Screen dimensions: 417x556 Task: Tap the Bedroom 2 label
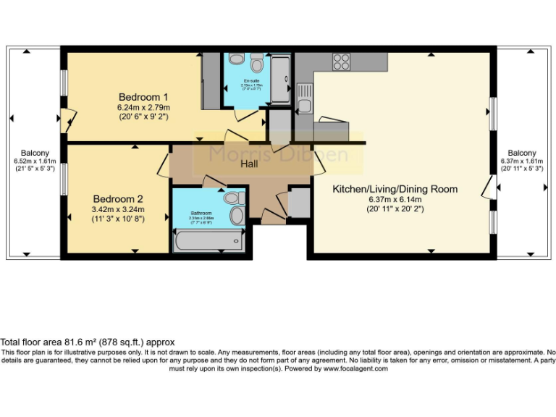(118, 198)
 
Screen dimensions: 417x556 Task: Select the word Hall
(250, 164)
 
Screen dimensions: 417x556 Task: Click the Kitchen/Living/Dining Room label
(395, 189)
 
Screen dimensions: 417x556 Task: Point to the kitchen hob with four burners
(341, 62)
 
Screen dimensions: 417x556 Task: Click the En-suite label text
(251, 80)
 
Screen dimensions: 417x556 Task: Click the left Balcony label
(35, 153)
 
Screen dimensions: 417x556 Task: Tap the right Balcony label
(521, 153)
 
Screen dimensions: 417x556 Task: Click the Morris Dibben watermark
(279, 153)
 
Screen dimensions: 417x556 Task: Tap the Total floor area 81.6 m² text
(87, 342)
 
